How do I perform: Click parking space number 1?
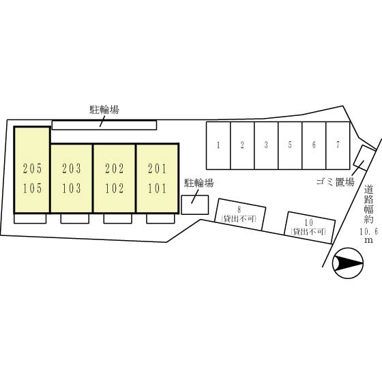click(x=218, y=145)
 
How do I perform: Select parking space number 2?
click(x=242, y=145)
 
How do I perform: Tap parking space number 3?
click(x=266, y=145)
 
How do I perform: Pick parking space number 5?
click(x=290, y=145)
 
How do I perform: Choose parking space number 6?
click(x=314, y=145)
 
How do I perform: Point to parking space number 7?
click(x=338, y=145)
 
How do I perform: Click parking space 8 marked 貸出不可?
click(x=240, y=214)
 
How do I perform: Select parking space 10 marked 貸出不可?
click(x=310, y=228)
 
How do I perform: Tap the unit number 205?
click(x=33, y=168)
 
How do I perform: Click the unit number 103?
click(x=72, y=188)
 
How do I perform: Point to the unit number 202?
click(x=115, y=168)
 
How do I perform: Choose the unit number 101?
click(x=158, y=188)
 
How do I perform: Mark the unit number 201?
click(x=158, y=168)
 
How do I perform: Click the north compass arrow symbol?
click(x=348, y=263)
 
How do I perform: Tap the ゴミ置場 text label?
click(x=335, y=182)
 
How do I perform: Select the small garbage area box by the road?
click(x=364, y=158)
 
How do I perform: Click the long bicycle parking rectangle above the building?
click(x=104, y=125)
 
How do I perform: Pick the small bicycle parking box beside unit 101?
click(x=195, y=205)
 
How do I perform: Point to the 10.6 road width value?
click(x=369, y=231)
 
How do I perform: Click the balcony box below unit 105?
click(x=30, y=218)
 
